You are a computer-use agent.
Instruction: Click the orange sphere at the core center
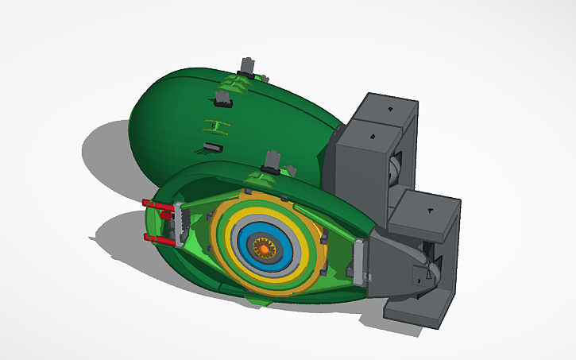point(262,248)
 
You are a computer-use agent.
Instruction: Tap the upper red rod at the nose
point(158,206)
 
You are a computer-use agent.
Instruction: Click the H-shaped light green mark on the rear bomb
point(212,126)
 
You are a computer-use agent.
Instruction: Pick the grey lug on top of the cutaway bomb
point(271,161)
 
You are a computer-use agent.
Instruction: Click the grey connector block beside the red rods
point(178,223)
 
